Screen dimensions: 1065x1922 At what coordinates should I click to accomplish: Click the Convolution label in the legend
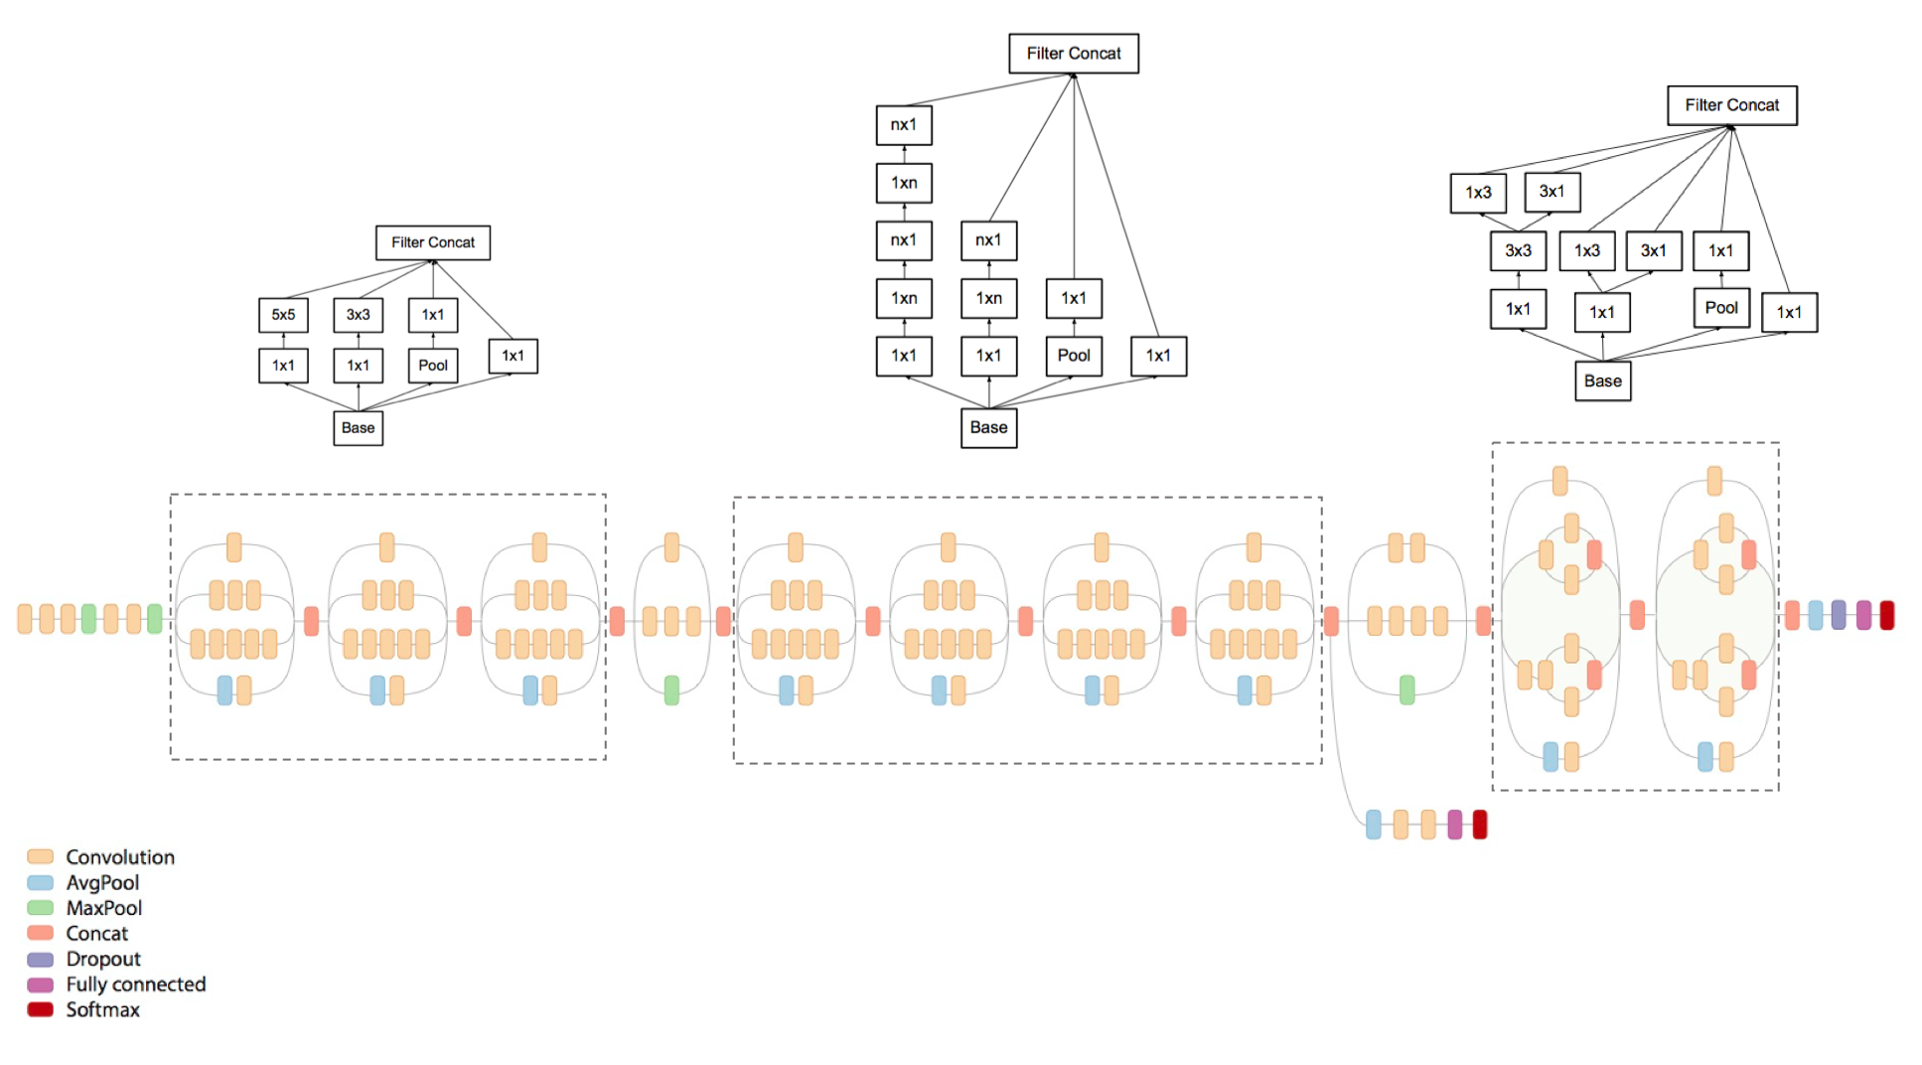[120, 856]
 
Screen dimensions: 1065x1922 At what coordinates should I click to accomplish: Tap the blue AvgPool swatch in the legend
[40, 882]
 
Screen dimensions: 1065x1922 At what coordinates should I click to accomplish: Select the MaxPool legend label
[103, 908]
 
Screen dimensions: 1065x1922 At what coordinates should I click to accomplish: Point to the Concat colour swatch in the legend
[40, 933]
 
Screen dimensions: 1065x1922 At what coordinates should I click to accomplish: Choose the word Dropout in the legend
[103, 959]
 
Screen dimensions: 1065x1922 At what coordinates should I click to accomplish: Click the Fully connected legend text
[136, 984]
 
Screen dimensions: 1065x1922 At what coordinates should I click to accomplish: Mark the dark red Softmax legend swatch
[40, 1009]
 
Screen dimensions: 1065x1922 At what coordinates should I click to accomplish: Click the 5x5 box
[283, 315]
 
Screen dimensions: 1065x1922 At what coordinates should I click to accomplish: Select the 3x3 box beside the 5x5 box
[358, 315]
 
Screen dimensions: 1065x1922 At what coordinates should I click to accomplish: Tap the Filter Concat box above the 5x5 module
[433, 242]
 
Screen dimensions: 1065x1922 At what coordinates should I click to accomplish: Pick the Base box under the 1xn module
[988, 427]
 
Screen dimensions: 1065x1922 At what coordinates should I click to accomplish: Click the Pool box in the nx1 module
[1074, 356]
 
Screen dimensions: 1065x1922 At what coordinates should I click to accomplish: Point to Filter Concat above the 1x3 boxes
[1731, 105]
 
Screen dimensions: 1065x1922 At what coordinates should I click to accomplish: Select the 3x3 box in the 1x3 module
[1518, 251]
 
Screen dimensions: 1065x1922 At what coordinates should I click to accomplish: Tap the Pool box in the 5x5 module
[433, 366]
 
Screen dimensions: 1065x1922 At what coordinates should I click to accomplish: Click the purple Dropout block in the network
[1839, 615]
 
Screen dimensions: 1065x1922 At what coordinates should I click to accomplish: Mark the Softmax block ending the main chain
[1887, 615]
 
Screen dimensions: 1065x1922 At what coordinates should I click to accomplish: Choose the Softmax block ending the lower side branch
[1480, 825]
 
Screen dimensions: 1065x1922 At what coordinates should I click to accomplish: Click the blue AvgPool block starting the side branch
[1373, 825]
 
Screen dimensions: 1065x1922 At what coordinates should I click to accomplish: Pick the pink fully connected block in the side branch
[1455, 825]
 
